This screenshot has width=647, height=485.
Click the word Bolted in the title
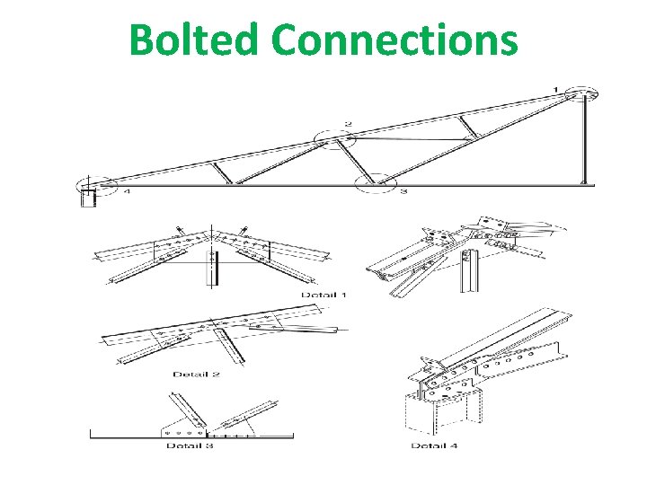pyautogui.click(x=194, y=40)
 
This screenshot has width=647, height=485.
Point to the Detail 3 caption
pyautogui.click(x=190, y=445)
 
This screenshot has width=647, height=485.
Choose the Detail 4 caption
pyautogui.click(x=435, y=445)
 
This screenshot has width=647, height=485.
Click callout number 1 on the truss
pyautogui.click(x=556, y=89)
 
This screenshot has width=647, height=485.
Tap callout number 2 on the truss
pyautogui.click(x=348, y=123)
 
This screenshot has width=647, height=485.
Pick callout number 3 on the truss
pyautogui.click(x=403, y=191)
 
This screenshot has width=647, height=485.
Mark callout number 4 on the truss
pyautogui.click(x=126, y=190)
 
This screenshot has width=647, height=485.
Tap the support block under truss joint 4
pyautogui.click(x=88, y=197)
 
